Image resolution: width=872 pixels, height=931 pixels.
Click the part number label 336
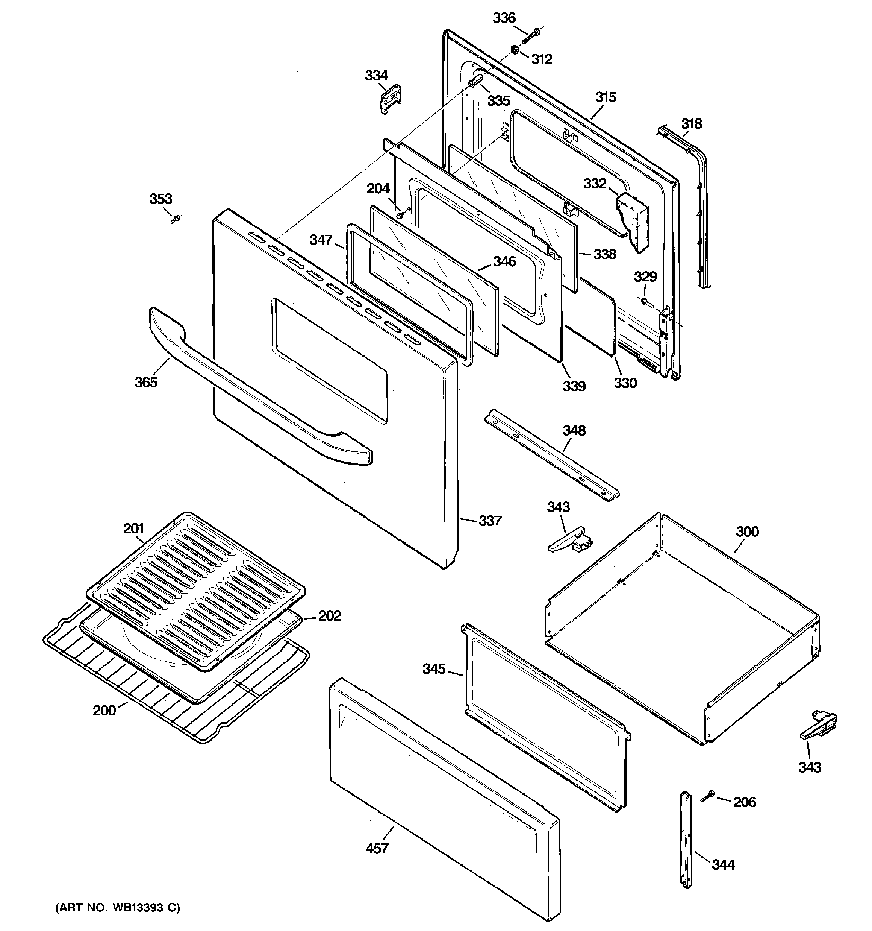pyautogui.click(x=504, y=18)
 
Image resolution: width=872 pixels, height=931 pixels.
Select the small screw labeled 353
pyautogui.click(x=176, y=218)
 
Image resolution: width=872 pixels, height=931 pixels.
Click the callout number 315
pyautogui.click(x=605, y=97)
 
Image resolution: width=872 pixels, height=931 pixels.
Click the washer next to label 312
pyautogui.click(x=514, y=50)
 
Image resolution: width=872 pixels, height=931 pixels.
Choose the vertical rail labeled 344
pyautogui.click(x=685, y=838)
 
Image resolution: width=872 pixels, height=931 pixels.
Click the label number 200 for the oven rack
pyautogui.click(x=104, y=711)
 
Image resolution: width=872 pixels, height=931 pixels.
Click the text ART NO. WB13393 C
pyautogui.click(x=118, y=908)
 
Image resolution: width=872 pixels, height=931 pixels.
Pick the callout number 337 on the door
pyautogui.click(x=490, y=521)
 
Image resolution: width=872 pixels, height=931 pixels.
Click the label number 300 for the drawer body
pyautogui.click(x=747, y=532)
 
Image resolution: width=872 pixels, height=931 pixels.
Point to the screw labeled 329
pyautogui.click(x=645, y=302)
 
